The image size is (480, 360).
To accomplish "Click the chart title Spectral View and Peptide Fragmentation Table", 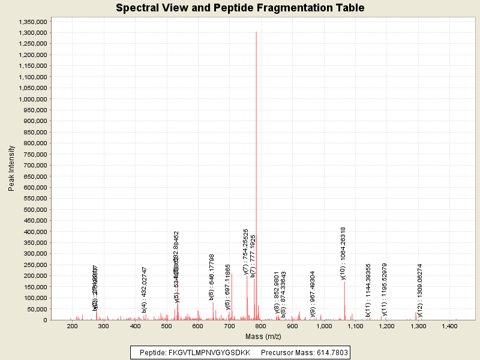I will point(240,8).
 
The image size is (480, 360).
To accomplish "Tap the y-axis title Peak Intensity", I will point(11,170).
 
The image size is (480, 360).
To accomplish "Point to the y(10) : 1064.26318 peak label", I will point(343,253).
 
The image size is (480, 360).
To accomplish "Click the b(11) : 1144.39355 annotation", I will point(368,290).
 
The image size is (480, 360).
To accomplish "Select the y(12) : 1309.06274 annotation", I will point(420,290).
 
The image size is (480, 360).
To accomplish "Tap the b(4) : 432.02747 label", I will point(145,290).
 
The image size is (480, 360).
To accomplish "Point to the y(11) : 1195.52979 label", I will point(384,289).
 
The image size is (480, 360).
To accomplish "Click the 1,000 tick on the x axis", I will point(324,326).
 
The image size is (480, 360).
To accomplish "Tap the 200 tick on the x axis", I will point(73,326).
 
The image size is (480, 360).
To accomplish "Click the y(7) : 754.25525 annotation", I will point(246,252).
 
